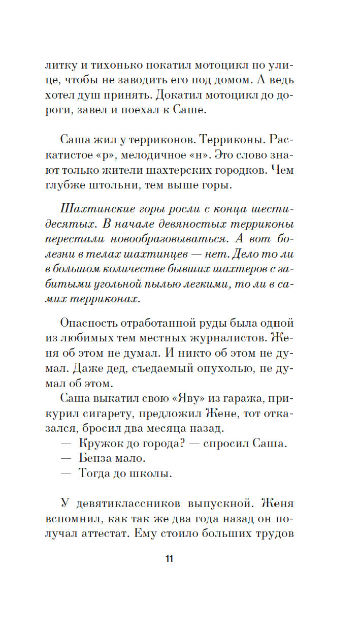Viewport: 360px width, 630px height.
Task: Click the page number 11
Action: [169, 559]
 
